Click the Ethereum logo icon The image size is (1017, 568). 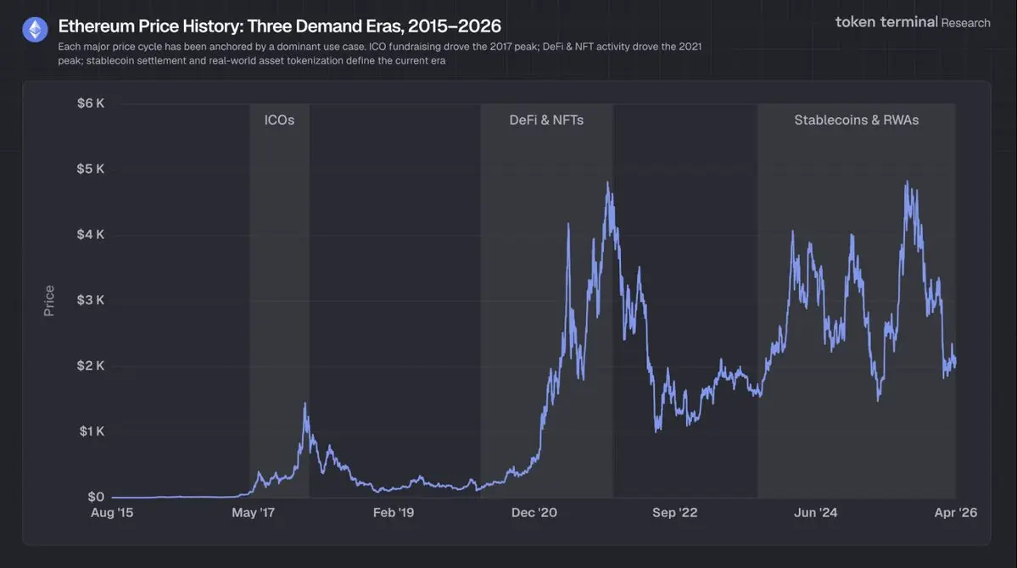tap(35, 31)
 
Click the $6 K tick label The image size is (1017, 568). tap(90, 103)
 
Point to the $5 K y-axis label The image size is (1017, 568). tap(90, 169)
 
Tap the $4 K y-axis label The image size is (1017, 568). tap(90, 234)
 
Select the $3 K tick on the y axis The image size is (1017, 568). tap(90, 300)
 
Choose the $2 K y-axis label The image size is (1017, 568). tap(90, 365)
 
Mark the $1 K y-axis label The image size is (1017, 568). tap(90, 432)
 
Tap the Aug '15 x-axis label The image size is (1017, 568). tap(112, 513)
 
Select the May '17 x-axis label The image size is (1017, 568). tap(254, 513)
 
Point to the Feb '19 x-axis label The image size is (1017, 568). tap(394, 513)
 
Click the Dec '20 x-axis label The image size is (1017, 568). tap(535, 513)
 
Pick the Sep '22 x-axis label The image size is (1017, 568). tap(675, 513)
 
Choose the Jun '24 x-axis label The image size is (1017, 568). tap(816, 513)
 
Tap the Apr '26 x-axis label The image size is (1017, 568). tap(955, 513)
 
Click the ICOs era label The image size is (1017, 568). tap(279, 120)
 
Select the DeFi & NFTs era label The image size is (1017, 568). tap(546, 120)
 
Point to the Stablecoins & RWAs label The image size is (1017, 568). tap(856, 120)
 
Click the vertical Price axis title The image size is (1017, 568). tap(49, 301)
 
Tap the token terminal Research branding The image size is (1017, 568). tap(913, 22)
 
